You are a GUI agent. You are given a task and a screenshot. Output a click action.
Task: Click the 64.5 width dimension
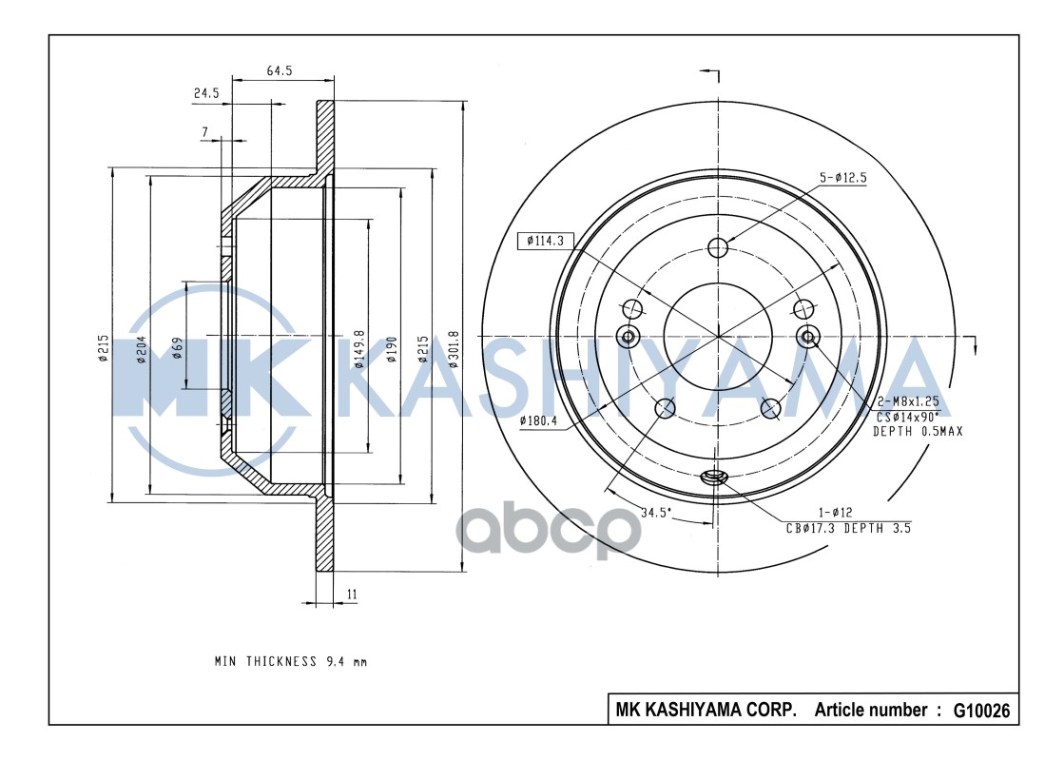point(279,70)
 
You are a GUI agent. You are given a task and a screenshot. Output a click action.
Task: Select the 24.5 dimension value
point(206,93)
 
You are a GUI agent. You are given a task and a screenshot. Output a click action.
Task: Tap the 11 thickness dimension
point(352,595)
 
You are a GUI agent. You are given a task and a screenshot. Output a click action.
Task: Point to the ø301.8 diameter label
point(454,349)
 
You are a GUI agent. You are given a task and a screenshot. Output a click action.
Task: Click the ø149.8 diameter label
point(359,349)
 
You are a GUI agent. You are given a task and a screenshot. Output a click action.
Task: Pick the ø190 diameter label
point(392,349)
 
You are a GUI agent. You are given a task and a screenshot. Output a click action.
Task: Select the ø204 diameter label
point(142,349)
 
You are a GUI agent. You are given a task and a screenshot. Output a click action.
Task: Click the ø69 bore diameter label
point(178,348)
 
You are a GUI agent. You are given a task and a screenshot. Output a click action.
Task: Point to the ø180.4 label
point(538,420)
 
